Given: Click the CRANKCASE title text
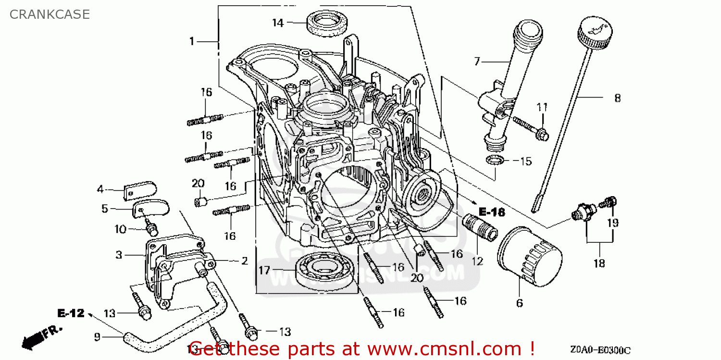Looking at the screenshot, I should tap(50, 14).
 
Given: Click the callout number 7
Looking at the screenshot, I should tap(477, 62).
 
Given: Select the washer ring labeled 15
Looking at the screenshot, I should tap(496, 160).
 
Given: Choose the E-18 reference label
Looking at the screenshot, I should tap(492, 211).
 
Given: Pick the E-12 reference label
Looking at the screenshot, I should tap(71, 313).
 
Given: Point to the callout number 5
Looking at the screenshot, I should tap(104, 209).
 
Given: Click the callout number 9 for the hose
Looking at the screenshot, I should tap(97, 337).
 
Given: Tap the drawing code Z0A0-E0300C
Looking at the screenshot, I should tap(601, 350).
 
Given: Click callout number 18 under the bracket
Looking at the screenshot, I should tap(599, 263).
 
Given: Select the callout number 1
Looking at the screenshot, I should tap(192, 41).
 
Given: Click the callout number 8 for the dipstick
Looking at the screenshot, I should tap(617, 98).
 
